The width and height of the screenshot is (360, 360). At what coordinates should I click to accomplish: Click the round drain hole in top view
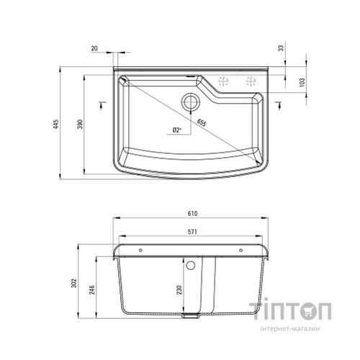pyautogui.click(x=190, y=100)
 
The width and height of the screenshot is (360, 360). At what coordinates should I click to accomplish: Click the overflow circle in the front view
pyautogui.click(x=192, y=264)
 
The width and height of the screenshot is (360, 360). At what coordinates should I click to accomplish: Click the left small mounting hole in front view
pyautogui.click(x=141, y=249)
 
